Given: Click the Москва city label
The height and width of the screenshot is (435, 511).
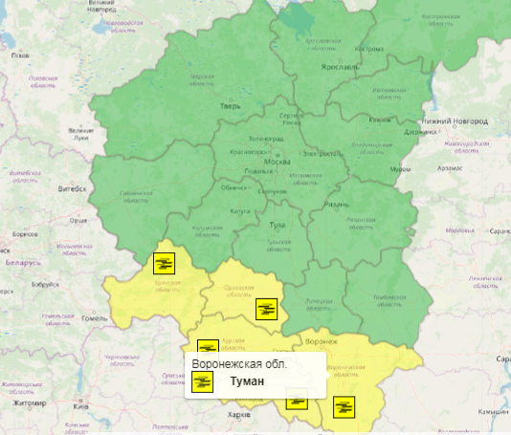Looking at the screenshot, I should click(x=277, y=162).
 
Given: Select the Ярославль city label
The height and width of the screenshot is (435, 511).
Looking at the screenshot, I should click(x=339, y=67).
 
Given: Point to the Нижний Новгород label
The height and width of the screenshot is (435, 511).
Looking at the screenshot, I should click(x=455, y=120).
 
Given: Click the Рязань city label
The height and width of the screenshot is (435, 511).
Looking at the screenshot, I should click(x=337, y=205).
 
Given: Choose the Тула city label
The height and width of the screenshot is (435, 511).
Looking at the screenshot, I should click(x=278, y=224).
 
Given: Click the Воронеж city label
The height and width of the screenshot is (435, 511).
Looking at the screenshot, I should click(x=322, y=341).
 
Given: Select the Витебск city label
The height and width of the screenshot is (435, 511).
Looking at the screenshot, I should click(x=71, y=188).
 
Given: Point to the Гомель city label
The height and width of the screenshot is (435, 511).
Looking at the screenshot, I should click(x=95, y=317).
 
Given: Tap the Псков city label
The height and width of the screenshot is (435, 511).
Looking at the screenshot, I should click(x=19, y=55).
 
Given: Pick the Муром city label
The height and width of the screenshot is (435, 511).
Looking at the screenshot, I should click(x=400, y=169).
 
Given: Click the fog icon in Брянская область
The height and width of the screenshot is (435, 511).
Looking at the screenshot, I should click(x=164, y=262).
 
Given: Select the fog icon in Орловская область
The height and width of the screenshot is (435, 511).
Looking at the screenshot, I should click(x=265, y=308).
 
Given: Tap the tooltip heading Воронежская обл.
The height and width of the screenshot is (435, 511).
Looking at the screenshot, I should click(x=238, y=364).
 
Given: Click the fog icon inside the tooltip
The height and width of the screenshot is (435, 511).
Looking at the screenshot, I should click(x=202, y=381).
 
